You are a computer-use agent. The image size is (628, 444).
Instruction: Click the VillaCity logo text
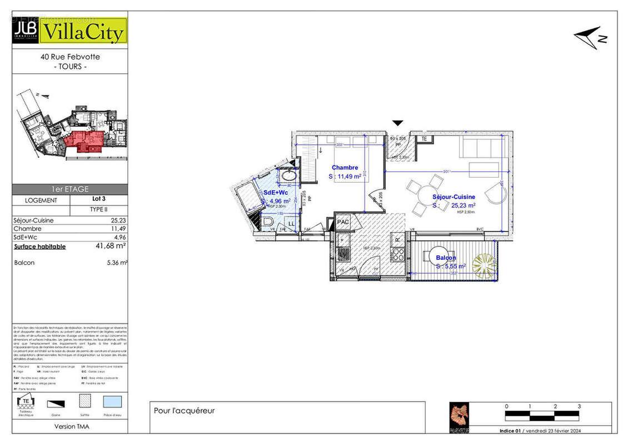[84, 33]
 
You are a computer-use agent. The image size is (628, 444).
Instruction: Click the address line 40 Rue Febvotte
[70, 57]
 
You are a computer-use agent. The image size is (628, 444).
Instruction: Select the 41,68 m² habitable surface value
[111, 246]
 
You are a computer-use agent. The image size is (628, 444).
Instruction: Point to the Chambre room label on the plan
[345, 168]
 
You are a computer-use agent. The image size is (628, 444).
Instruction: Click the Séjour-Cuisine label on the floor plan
[453, 197]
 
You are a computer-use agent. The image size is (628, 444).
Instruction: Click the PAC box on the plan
[343, 222]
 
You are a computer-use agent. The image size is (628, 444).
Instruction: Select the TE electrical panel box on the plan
[423, 139]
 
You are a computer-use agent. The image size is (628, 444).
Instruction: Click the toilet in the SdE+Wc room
[268, 224]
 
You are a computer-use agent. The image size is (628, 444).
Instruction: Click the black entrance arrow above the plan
[398, 123]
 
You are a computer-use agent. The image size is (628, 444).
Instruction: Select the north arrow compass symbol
[590, 37]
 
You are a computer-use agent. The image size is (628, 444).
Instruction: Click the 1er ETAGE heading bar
[69, 189]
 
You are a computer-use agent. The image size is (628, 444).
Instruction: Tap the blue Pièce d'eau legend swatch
[113, 401]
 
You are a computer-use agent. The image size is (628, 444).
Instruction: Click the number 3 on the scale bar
[579, 407]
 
